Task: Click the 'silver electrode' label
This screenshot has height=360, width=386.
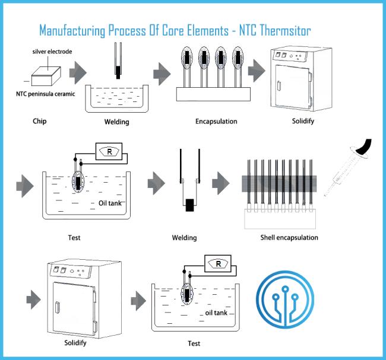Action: [52, 52]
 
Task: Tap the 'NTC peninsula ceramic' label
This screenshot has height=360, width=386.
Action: [46, 94]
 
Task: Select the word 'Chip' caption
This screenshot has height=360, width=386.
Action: [40, 121]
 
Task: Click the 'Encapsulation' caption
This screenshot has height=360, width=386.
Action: [216, 122]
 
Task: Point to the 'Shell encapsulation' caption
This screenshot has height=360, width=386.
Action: [289, 238]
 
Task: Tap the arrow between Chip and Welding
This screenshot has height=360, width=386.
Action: [78, 72]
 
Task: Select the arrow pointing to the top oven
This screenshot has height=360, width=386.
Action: [257, 71]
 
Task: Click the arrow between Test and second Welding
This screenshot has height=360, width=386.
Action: [156, 183]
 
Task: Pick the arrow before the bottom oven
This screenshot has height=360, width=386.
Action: [33, 300]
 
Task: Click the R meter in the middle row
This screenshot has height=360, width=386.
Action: [109, 151]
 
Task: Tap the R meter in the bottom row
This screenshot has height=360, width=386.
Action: [218, 263]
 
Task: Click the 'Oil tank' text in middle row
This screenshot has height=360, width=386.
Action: [110, 203]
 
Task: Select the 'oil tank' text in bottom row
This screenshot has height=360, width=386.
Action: [216, 313]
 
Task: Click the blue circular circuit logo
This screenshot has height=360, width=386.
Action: [285, 300]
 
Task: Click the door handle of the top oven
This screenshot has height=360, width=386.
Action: [279, 86]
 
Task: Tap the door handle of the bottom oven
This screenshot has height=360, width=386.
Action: [58, 307]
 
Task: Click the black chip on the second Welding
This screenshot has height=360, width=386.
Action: [189, 205]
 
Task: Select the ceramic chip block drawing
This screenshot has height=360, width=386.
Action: [46, 77]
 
